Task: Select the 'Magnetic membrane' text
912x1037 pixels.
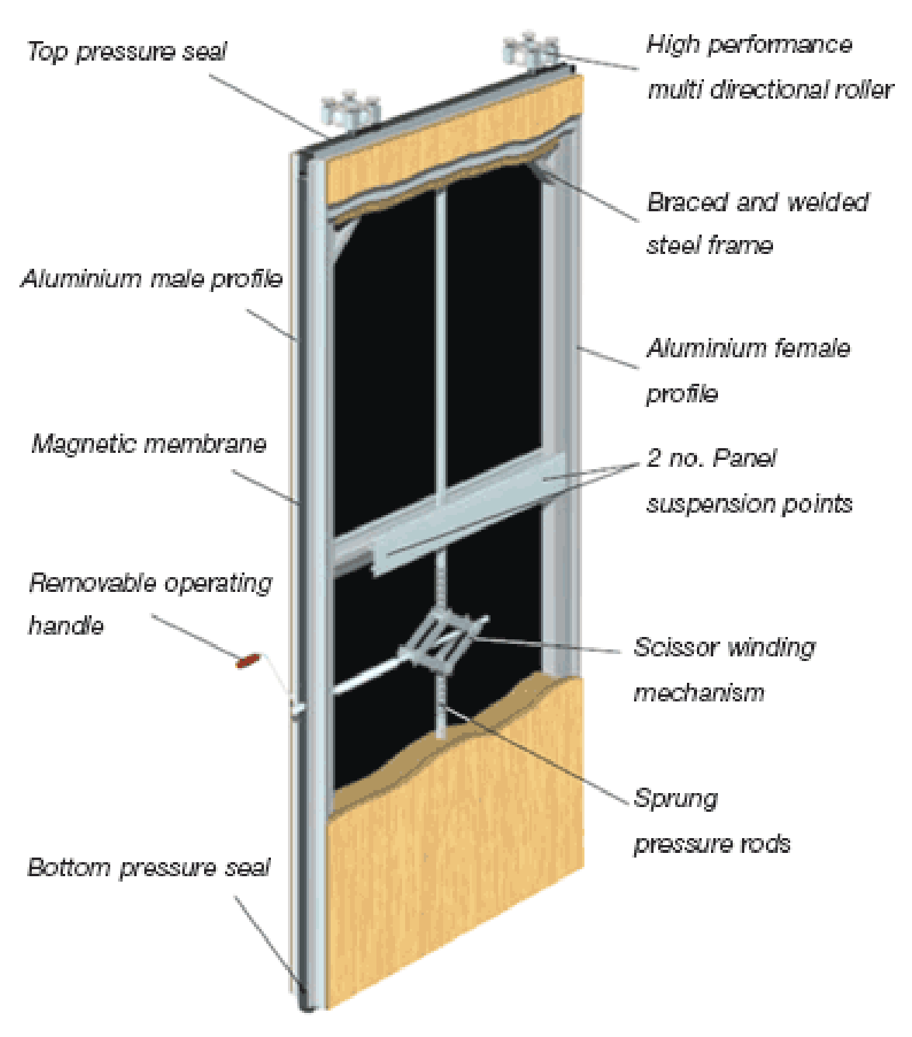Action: pos(149,444)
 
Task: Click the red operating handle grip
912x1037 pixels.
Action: pos(248,660)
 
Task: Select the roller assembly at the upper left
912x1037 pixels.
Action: pos(350,110)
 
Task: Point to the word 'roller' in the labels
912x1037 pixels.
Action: pos(865,90)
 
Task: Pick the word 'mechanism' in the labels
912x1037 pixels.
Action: pos(699,693)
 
